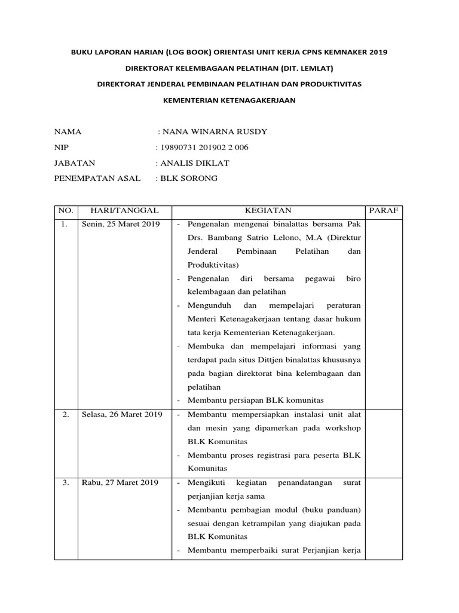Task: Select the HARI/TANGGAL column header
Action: [x=124, y=211]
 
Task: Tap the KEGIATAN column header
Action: [x=267, y=211]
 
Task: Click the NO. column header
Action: [x=65, y=211]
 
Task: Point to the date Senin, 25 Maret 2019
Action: [x=120, y=224]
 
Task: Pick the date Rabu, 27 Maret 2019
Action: [x=120, y=482]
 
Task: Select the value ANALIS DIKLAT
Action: [x=194, y=162]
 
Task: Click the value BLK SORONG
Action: [x=188, y=178]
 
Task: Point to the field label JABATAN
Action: [x=75, y=162]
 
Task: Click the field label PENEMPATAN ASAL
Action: [x=97, y=178]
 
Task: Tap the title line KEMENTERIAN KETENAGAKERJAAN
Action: [x=229, y=101]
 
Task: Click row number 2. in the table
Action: [x=65, y=414]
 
